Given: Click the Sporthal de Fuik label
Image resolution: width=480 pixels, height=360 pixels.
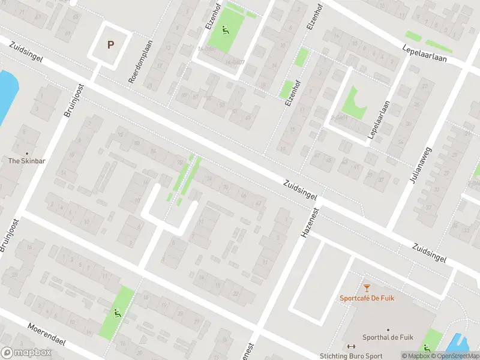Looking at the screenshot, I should pyautogui.click(x=385, y=337).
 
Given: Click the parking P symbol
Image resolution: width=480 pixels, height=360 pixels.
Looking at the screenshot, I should pyautogui.click(x=110, y=44).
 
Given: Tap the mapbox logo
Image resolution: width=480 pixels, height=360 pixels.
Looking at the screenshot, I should pyautogui.click(x=25, y=353).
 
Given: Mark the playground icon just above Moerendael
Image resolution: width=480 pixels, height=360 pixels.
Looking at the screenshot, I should pyautogui.click(x=116, y=312).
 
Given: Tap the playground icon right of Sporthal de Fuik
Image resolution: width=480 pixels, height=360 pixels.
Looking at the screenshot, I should pyautogui.click(x=427, y=347).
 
